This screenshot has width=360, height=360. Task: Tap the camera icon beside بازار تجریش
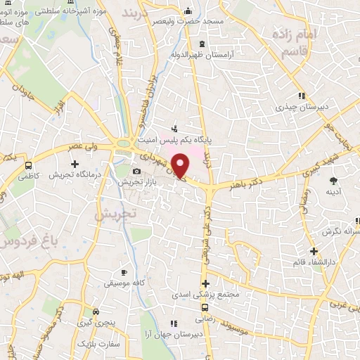coord(136,171)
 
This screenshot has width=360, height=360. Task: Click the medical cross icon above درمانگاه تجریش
coord(75,164)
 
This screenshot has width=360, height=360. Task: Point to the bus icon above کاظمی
coord(29,165)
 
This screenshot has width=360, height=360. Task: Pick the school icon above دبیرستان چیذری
coord(301,96)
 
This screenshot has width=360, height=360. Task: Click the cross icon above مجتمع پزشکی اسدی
coord(205,284)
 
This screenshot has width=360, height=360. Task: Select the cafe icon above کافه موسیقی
coord(124,272)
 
